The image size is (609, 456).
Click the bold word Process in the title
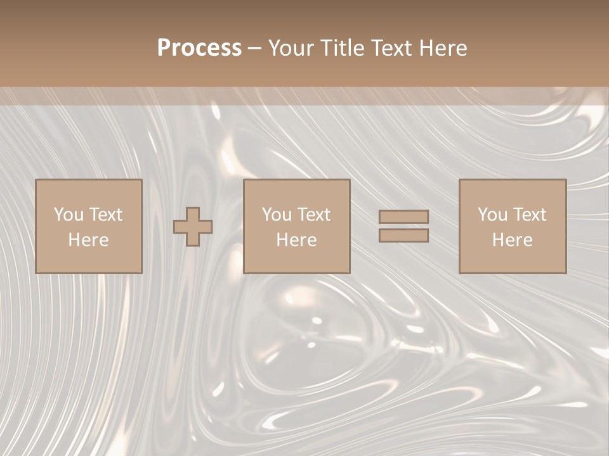tap(199, 48)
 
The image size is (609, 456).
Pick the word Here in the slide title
tap(445, 48)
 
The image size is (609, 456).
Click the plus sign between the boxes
tap(193, 227)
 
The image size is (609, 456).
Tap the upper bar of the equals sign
tap(403, 217)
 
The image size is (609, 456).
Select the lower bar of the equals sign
tap(403, 235)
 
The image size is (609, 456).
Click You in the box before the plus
tap(69, 215)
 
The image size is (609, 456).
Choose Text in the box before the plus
tap(105, 215)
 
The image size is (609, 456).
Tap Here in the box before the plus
tap(88, 240)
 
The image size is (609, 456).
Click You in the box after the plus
tap(277, 215)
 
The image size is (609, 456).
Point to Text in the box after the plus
tap(314, 215)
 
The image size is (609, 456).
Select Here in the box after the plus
tap(296, 240)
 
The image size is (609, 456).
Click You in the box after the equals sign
tap(493, 215)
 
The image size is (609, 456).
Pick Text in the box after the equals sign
tap(530, 215)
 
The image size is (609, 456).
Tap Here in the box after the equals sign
tap(512, 240)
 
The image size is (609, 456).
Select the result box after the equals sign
tap(513, 260)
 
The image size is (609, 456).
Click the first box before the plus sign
tap(88, 260)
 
